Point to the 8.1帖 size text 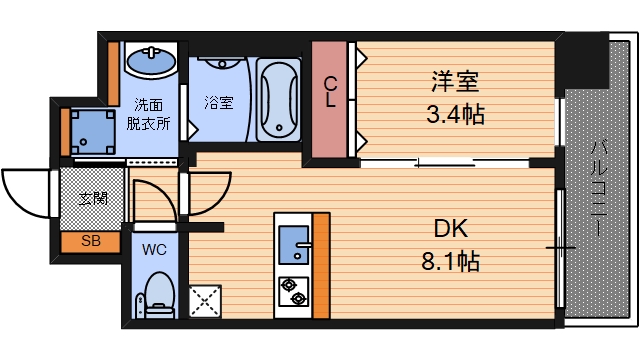pos(449,263)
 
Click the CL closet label pos(329,91)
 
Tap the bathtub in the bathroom pos(277,100)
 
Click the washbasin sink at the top pos(151,63)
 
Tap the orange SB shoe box pos(90,241)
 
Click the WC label pos(154,248)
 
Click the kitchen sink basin pos(294,241)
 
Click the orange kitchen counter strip pos(320,265)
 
